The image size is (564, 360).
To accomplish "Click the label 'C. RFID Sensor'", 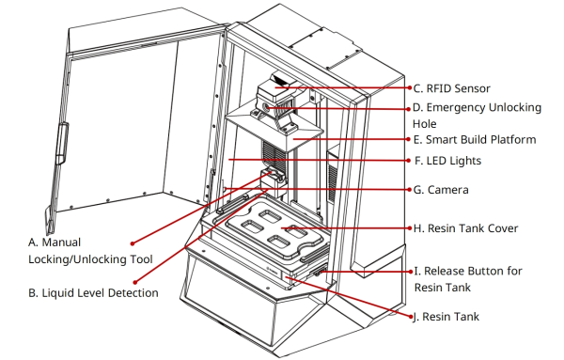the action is (x=451, y=88).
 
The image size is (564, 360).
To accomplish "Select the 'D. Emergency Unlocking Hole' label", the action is (x=477, y=116).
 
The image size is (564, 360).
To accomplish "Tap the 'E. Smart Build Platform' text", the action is (x=475, y=139).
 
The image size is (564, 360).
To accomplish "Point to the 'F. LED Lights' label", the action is (x=447, y=161).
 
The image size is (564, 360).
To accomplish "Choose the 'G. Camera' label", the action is (x=441, y=190).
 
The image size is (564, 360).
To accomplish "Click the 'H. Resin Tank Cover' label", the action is (x=465, y=228).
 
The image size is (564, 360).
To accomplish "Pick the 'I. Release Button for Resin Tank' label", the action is (x=468, y=279).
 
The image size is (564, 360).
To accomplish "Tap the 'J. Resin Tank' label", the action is (x=446, y=317).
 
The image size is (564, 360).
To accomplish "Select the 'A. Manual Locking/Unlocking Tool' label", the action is (x=90, y=251).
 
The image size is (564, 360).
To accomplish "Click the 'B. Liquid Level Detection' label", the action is (x=93, y=293).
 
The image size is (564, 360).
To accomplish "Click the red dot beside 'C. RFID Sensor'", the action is (x=410, y=87).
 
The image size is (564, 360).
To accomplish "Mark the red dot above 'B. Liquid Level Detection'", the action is (x=135, y=283).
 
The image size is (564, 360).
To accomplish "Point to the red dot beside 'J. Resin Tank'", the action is (x=411, y=317).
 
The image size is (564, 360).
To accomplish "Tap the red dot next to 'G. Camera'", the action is (x=410, y=190).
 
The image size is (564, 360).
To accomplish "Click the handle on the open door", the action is (x=62, y=144).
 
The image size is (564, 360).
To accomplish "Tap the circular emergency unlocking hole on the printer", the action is (x=266, y=107).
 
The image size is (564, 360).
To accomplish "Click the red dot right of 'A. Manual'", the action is (x=133, y=243).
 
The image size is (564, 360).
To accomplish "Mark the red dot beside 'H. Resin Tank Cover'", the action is (x=410, y=228).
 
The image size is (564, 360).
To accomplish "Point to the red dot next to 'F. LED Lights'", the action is (x=409, y=161).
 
